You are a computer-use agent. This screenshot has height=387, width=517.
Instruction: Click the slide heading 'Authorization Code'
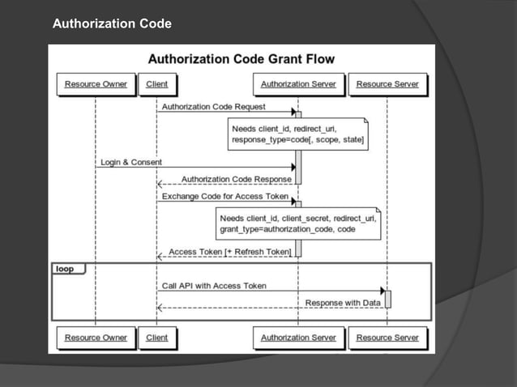pyautogui.click(x=112, y=24)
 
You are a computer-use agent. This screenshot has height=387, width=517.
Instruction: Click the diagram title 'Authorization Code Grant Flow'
pyautogui.click(x=241, y=59)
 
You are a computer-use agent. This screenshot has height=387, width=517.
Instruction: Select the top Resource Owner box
pyautogui.click(x=96, y=84)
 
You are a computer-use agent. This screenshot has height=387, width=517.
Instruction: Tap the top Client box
pyautogui.click(x=156, y=84)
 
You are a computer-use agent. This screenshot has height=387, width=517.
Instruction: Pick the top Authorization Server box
pyautogui.click(x=298, y=84)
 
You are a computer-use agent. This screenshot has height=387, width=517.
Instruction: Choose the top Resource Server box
pyautogui.click(x=387, y=84)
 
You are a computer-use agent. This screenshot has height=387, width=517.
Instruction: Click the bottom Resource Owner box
pyautogui.click(x=96, y=338)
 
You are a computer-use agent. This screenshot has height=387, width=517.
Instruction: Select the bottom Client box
pyautogui.click(x=156, y=338)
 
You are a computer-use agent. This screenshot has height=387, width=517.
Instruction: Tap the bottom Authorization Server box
pyautogui.click(x=298, y=338)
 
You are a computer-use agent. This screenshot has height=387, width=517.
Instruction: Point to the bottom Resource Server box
pyautogui.click(x=387, y=338)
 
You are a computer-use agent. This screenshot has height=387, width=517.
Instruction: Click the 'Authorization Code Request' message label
pyautogui.click(x=214, y=107)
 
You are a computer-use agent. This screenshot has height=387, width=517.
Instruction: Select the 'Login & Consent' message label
pyautogui.click(x=131, y=162)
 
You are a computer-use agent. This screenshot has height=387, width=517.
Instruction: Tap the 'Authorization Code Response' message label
pyautogui.click(x=237, y=179)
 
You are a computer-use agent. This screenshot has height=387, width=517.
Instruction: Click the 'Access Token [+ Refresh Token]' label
pyautogui.click(x=230, y=252)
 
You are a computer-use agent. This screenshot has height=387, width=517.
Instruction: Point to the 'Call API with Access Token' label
pyautogui.click(x=214, y=286)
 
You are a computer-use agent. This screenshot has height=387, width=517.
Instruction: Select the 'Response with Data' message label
pyautogui.click(x=343, y=303)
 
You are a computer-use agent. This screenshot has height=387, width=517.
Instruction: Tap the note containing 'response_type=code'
pyautogui.click(x=298, y=134)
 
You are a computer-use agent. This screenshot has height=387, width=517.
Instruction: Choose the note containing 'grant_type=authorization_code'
pyautogui.click(x=298, y=223)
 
